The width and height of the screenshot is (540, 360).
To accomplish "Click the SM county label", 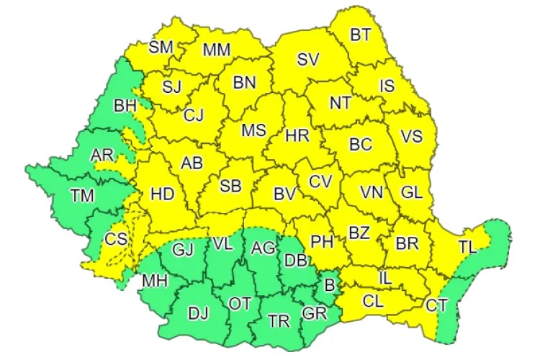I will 161,48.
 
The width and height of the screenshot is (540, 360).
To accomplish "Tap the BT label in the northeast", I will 360,35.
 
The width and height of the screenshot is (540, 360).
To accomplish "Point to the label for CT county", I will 436,305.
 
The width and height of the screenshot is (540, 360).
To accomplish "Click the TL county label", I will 467,247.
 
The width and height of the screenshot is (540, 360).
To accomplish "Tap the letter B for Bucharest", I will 329,284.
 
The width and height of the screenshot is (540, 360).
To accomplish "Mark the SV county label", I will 308,59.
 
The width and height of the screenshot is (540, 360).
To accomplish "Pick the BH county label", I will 125,106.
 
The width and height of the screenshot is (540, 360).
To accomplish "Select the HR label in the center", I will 297,135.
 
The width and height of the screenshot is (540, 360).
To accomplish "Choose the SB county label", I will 230,186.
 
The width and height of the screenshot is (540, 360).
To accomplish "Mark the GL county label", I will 411,192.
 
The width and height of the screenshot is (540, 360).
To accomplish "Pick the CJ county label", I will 194,114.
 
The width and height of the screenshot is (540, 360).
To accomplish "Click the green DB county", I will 296,261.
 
